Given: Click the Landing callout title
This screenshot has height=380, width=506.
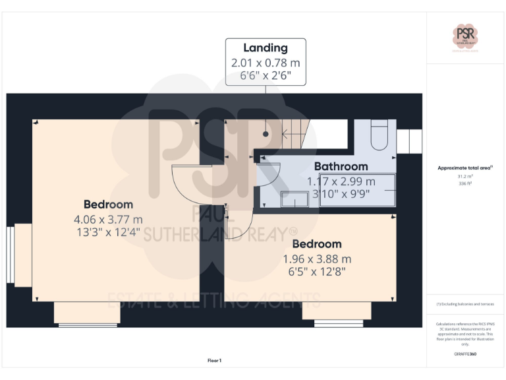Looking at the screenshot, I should tap(266, 47).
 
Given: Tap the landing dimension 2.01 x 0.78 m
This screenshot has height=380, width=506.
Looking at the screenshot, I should tap(266, 63).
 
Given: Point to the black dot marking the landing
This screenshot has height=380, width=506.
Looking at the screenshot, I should tap(266, 134).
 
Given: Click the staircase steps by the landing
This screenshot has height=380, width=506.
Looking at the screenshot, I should tap(294, 135).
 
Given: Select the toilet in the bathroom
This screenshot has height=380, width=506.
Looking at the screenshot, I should tap(380, 135).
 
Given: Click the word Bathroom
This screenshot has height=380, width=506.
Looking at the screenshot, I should tap(341, 166).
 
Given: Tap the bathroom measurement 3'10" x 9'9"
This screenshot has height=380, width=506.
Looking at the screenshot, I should tap(341, 195).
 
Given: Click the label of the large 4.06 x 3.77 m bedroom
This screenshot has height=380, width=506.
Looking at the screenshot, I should tap(108, 205).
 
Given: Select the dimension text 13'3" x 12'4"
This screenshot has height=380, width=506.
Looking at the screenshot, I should tap(108, 232).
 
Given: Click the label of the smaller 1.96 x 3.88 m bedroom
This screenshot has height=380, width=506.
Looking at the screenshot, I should tap(317, 244).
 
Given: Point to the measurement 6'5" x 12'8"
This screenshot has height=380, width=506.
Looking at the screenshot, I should tap(317, 271).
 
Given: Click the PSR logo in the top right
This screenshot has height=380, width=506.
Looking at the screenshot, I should tap(464, 36).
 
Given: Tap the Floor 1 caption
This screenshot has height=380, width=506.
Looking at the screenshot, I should tap(214, 361).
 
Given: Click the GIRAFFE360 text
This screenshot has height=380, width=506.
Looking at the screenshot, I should tap(464, 354).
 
